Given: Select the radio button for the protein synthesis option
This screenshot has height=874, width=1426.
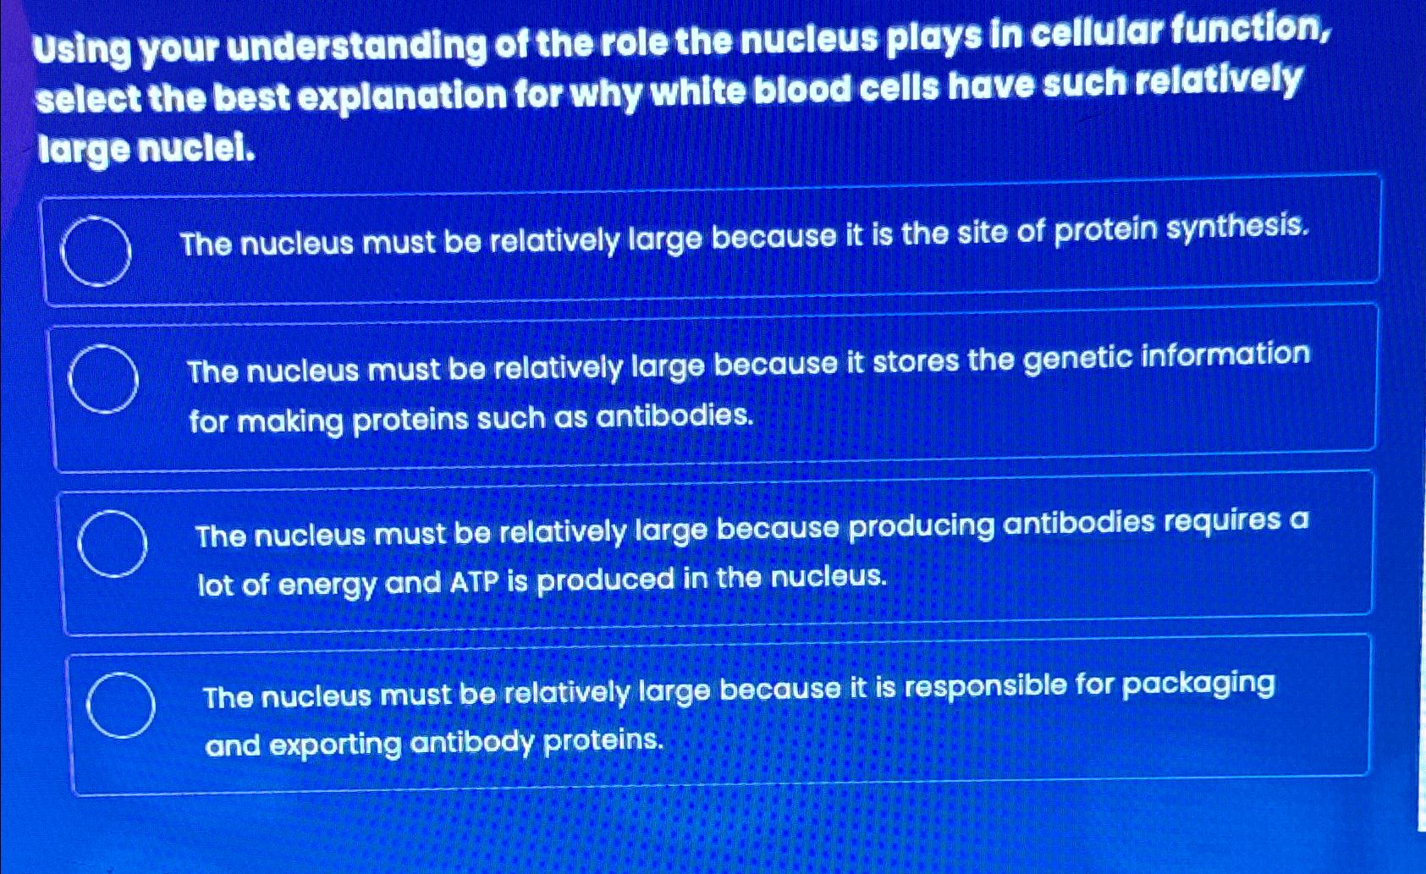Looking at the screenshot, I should click(96, 251).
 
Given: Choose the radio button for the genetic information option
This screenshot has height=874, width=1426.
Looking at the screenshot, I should click(103, 379).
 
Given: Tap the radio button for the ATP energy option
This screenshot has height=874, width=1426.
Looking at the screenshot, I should click(112, 544).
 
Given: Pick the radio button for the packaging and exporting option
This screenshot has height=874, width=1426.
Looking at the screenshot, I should click(120, 705).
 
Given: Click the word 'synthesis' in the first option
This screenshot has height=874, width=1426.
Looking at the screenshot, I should click(1236, 227).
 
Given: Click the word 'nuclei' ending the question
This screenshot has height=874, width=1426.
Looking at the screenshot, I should click(195, 149).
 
